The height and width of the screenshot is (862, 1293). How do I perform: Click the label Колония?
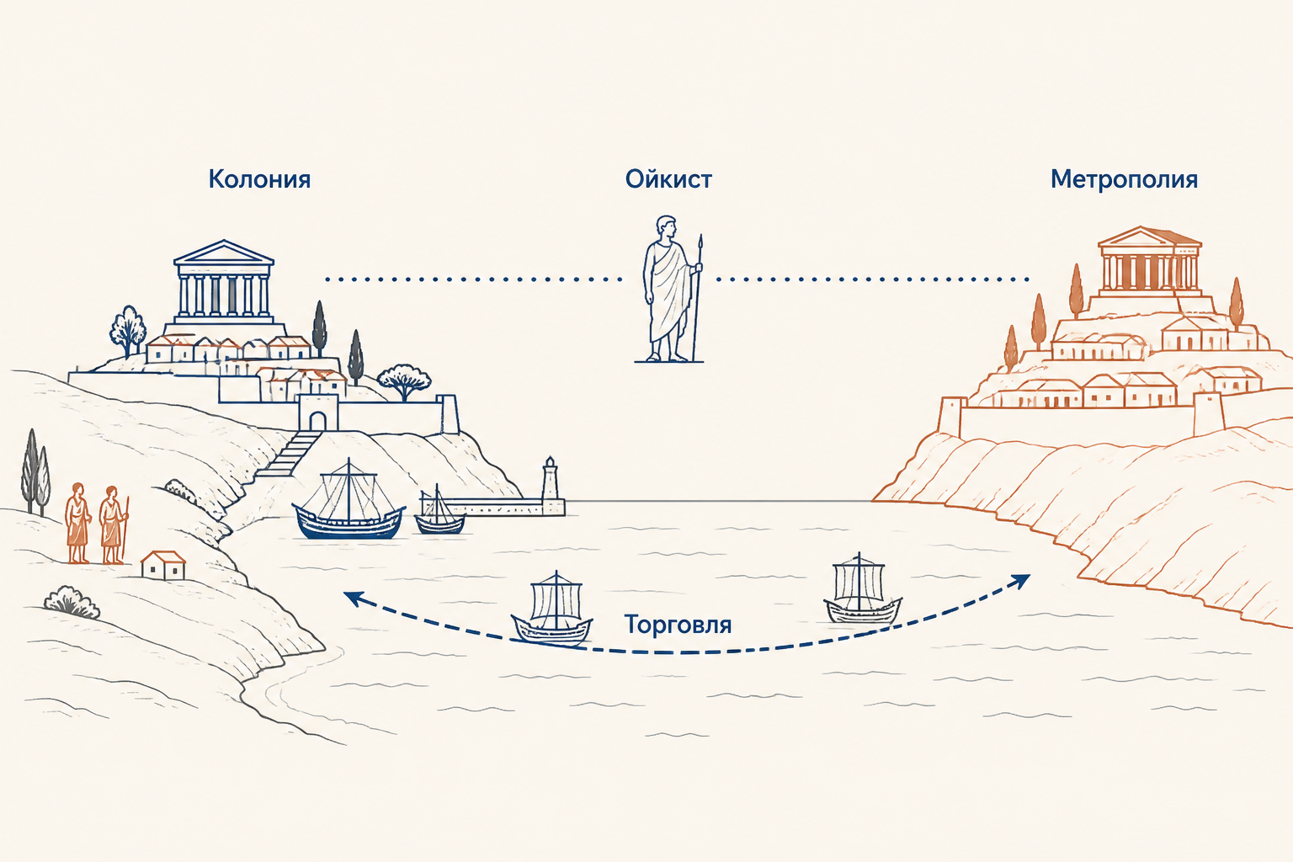tap(259, 179)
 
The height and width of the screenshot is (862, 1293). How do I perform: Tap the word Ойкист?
tap(668, 179)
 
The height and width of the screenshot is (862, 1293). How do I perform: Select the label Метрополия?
tap(1124, 179)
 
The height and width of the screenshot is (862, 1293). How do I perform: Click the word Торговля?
tap(678, 625)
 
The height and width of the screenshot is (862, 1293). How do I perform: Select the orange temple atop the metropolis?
tap(1149, 260)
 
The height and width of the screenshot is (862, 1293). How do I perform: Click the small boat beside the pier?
tap(439, 510)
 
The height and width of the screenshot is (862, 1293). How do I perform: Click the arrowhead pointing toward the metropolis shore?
tap(1021, 582)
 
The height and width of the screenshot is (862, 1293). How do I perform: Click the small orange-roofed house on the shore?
tap(163, 565)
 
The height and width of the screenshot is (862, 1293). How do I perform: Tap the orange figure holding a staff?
tap(113, 524)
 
